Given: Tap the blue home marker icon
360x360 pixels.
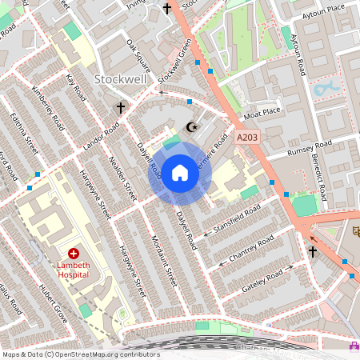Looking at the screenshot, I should point(180,173).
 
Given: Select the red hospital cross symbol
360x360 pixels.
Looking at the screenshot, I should point(84,252).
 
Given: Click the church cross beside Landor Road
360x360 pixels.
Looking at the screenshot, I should point(121,107).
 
